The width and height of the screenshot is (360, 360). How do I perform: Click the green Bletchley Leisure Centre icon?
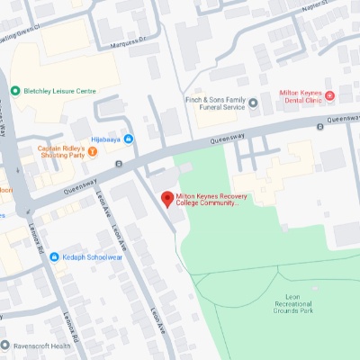tap(15, 91)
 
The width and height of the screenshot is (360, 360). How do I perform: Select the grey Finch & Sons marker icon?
tap(253, 103)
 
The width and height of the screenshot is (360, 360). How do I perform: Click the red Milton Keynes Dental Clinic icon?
tap(329, 95)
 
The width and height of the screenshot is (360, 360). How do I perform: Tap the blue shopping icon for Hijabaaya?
tap(129, 139)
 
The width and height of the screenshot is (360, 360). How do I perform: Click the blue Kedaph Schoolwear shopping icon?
tap(54, 231)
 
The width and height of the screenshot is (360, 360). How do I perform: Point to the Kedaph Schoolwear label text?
tap(91, 231)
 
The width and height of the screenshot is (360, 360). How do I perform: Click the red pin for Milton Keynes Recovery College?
tap(166, 200)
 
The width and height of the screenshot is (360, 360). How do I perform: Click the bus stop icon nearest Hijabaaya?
tap(119, 164)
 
